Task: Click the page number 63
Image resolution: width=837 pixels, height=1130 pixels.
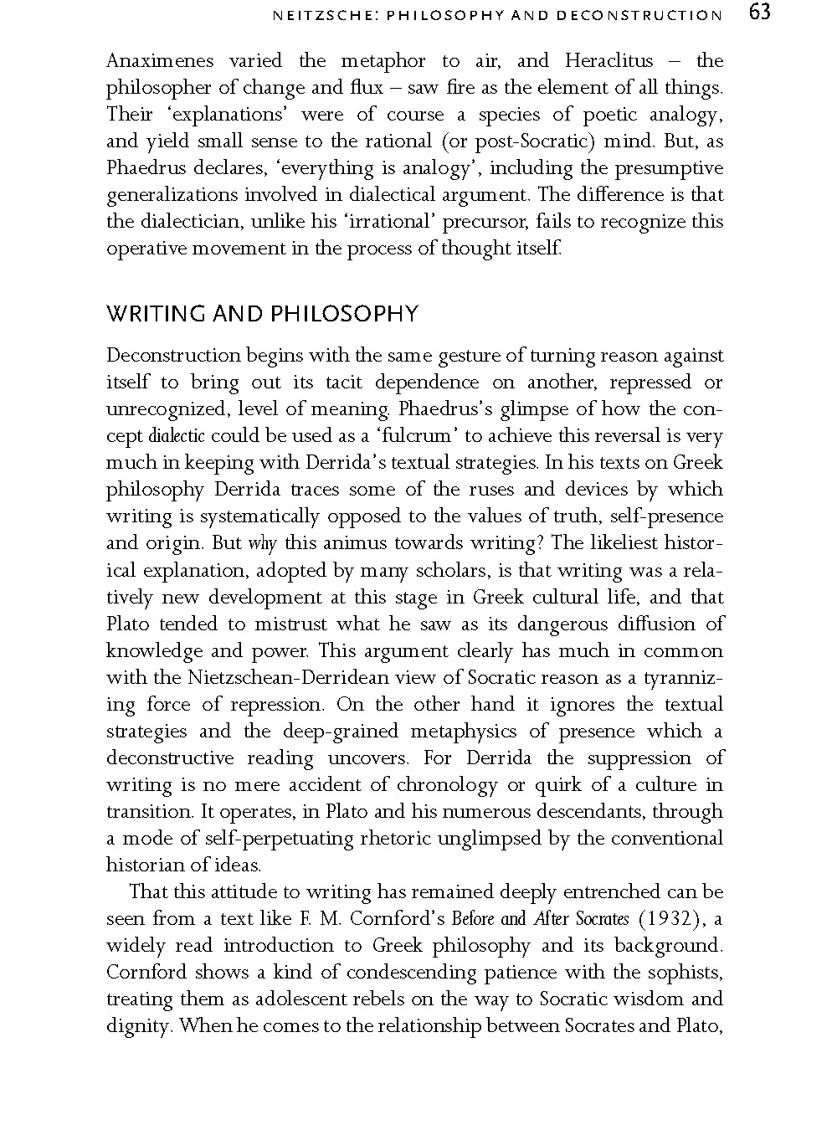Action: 759,13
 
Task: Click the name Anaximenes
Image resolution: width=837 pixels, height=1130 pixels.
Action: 160,61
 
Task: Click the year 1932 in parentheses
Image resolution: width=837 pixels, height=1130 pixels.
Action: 675,919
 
